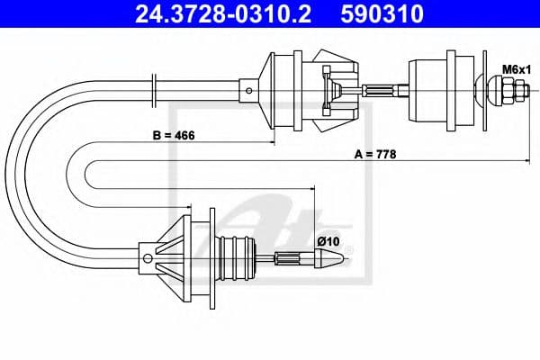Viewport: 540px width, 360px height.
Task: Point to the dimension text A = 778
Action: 375,155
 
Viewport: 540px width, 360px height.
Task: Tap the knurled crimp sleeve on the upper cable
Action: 377,89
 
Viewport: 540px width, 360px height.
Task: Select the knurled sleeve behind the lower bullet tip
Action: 291,261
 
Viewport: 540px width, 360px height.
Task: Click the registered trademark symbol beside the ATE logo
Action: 349,248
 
